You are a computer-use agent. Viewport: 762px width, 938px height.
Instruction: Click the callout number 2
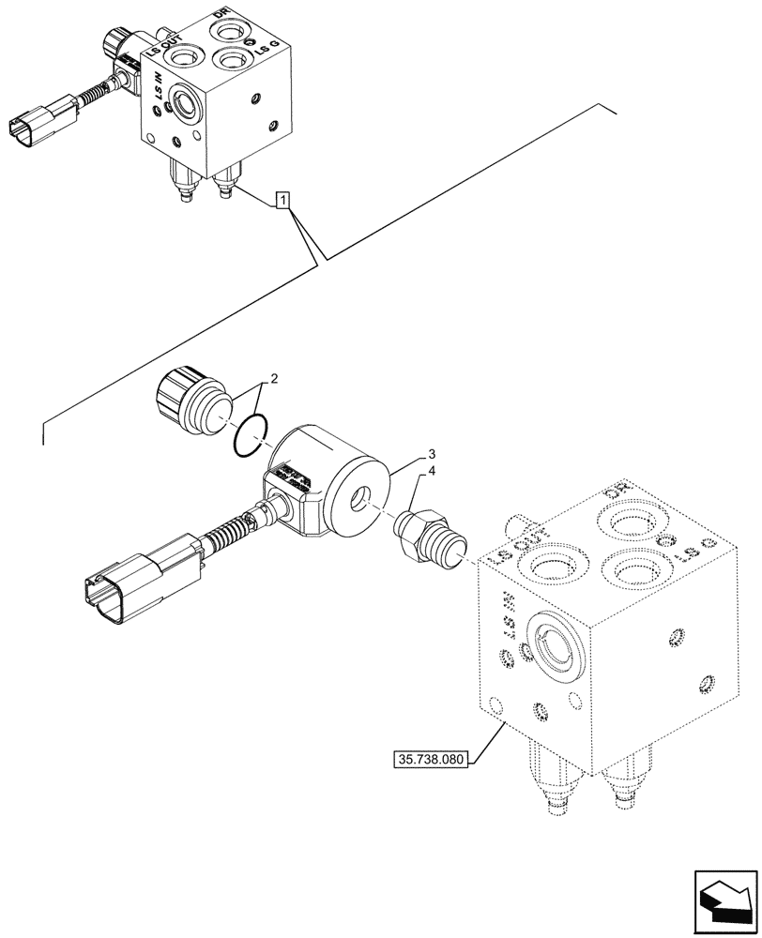coord(274,380)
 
